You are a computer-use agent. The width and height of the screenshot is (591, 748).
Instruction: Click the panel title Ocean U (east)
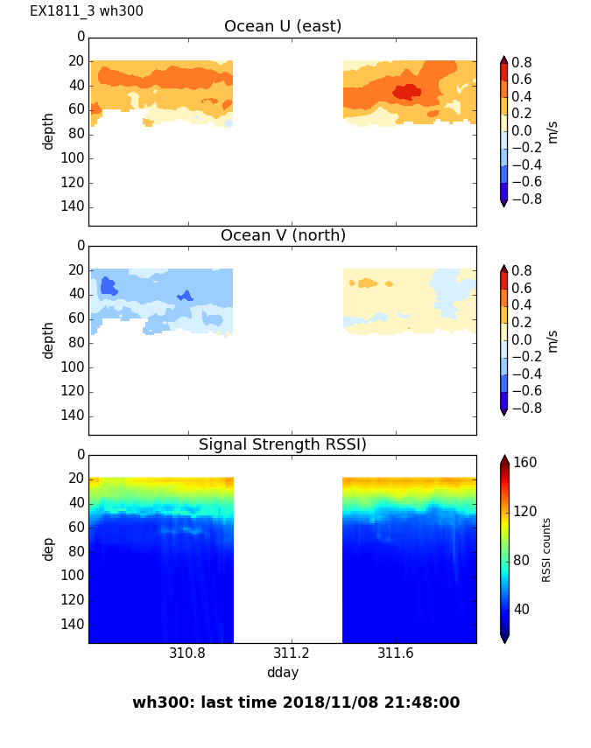(282, 26)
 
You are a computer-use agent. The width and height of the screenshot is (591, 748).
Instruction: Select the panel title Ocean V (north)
(282, 235)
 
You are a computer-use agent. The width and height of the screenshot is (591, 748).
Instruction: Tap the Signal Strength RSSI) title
(282, 444)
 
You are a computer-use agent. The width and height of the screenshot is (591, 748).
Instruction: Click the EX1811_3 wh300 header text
(87, 11)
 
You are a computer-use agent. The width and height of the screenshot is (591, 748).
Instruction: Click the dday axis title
(282, 672)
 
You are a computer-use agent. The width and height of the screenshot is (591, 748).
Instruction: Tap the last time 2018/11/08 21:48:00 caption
(296, 703)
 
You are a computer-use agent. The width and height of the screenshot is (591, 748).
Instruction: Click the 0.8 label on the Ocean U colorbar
(522, 62)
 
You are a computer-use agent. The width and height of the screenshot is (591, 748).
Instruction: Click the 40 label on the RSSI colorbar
(522, 609)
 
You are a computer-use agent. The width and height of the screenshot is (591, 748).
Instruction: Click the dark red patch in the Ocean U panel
(406, 91)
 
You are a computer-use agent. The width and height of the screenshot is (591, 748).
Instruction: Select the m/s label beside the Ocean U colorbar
(552, 131)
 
